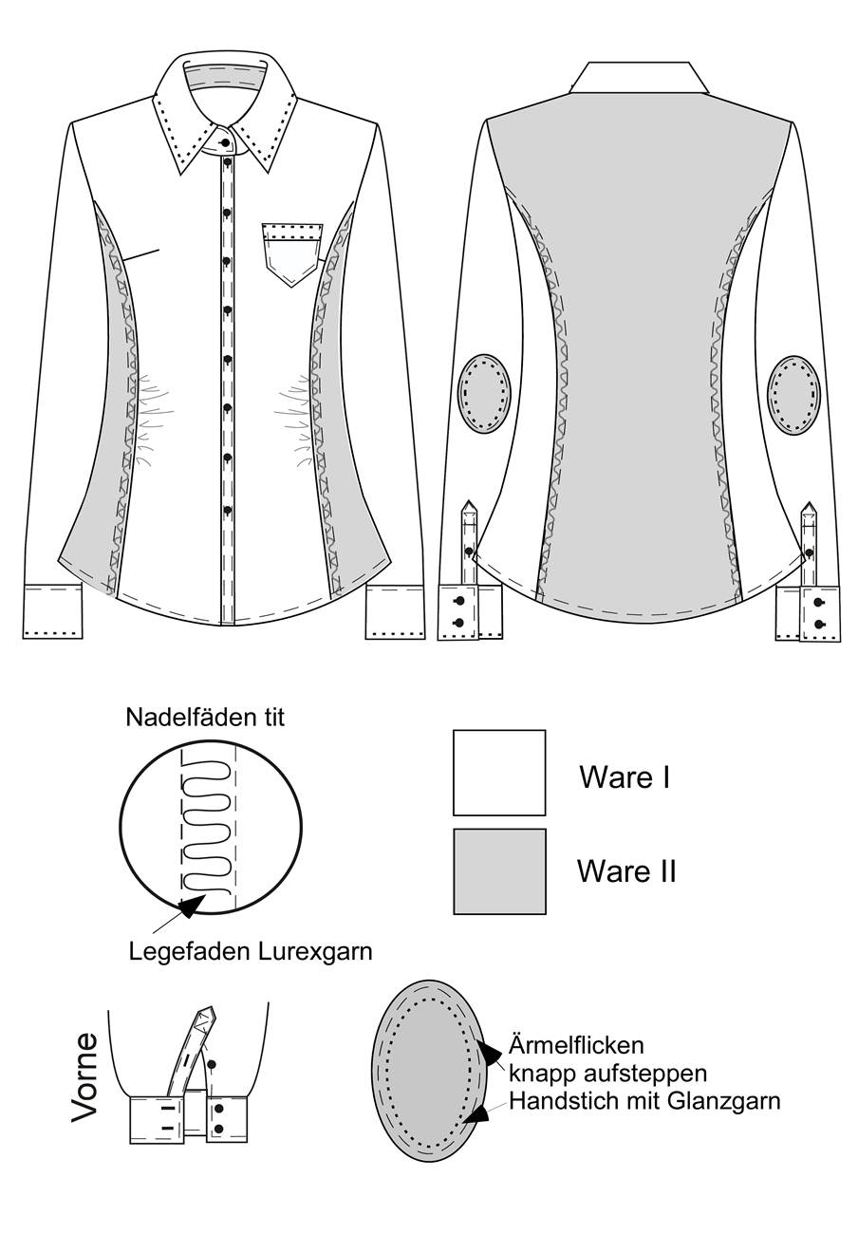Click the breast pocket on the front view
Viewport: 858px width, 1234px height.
click(x=292, y=254)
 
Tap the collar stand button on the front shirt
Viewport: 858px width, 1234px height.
click(x=226, y=142)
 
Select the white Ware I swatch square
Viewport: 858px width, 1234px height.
click(x=499, y=773)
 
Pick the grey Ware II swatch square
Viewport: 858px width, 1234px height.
click(x=499, y=871)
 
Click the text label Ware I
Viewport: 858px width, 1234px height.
click(x=625, y=776)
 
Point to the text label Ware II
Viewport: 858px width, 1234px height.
click(x=626, y=871)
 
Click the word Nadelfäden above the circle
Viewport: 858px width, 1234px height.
click(x=184, y=718)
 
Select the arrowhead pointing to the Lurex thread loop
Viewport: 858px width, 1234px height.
click(x=193, y=906)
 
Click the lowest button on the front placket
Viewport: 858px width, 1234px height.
click(x=227, y=510)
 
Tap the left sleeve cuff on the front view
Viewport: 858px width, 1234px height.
click(x=53, y=611)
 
